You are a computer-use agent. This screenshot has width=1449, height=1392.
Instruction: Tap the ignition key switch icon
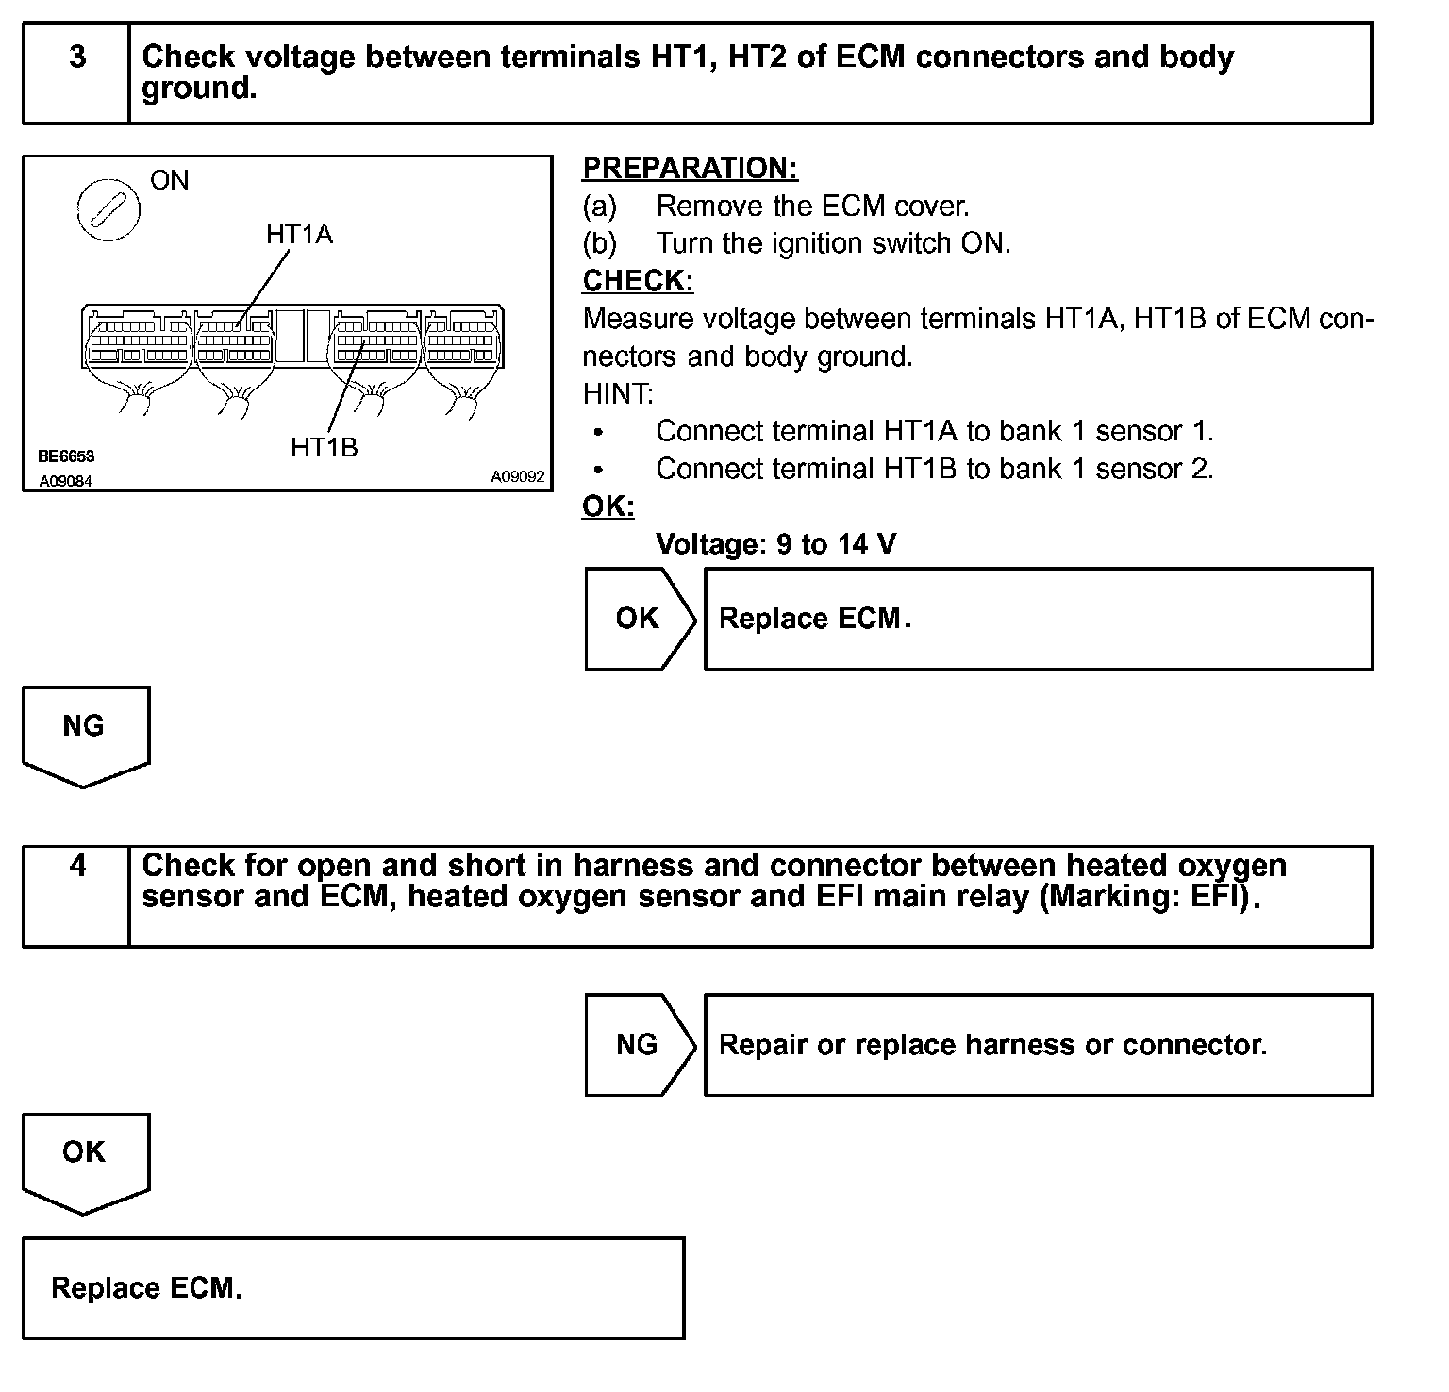coord(108,207)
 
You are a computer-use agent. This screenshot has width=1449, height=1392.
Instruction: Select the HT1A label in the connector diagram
coord(299,234)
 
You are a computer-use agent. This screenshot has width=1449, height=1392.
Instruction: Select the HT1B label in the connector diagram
coord(324,447)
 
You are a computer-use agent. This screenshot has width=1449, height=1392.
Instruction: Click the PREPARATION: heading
coord(690,168)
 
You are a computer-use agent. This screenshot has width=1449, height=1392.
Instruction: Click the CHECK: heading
coord(638,281)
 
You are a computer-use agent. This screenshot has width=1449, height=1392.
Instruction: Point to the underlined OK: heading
coord(608,506)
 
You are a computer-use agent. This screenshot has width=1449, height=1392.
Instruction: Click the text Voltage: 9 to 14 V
coord(775,544)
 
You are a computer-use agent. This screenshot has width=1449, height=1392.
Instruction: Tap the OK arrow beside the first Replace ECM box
coord(639,619)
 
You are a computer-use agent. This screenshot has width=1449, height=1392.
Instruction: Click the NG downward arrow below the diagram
coord(84,731)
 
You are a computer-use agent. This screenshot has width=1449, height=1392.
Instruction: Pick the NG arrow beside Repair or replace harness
coord(639,1045)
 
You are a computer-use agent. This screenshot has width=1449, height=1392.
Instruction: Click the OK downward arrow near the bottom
coord(84,1157)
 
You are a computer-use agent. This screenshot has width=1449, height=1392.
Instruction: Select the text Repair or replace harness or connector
coord(992,1045)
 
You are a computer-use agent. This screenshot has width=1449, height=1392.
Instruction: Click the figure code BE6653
coord(66,456)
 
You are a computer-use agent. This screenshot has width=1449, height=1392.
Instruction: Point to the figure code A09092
coord(517,477)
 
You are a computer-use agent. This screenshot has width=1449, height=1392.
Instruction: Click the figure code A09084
coord(66,481)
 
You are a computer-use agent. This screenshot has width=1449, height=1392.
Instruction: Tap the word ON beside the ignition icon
coord(170,180)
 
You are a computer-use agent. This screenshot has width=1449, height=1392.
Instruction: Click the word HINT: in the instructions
coord(618,394)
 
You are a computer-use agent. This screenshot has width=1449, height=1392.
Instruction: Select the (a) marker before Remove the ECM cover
coord(599,206)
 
